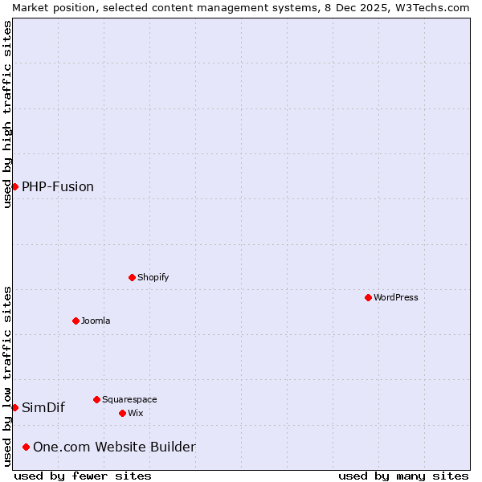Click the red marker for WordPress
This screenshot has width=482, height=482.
pyautogui.click(x=368, y=297)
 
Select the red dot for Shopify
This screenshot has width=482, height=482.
pyautogui.click(x=132, y=277)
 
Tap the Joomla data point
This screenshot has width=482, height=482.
pyautogui.click(x=76, y=321)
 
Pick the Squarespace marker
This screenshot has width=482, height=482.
pyautogui.click(x=96, y=399)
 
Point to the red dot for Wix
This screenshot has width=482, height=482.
pyautogui.click(x=122, y=413)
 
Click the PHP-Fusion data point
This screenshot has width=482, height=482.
pyautogui.click(x=14, y=186)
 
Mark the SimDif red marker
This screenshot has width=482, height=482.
pyautogui.click(x=14, y=407)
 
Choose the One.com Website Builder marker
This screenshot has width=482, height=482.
pyautogui.click(x=27, y=447)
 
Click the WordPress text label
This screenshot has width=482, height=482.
pyautogui.click(x=396, y=297)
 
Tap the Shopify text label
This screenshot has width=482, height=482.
pyautogui.click(x=153, y=277)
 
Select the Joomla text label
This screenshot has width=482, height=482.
pyautogui.click(x=96, y=321)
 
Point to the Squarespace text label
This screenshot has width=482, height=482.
pyautogui.click(x=129, y=399)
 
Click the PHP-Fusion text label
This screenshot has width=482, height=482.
pyautogui.click(x=58, y=186)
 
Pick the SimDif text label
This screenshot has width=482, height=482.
pyautogui.click(x=43, y=407)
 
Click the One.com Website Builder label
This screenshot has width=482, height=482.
pyautogui.click(x=114, y=447)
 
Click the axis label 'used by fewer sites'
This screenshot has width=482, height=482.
pyautogui.click(x=83, y=476)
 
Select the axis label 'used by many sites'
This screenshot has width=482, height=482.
pyautogui.click(x=403, y=476)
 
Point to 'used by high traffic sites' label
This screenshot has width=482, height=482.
pyautogui.click(x=7, y=114)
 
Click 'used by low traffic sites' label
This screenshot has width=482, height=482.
pyautogui.click(x=7, y=376)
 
